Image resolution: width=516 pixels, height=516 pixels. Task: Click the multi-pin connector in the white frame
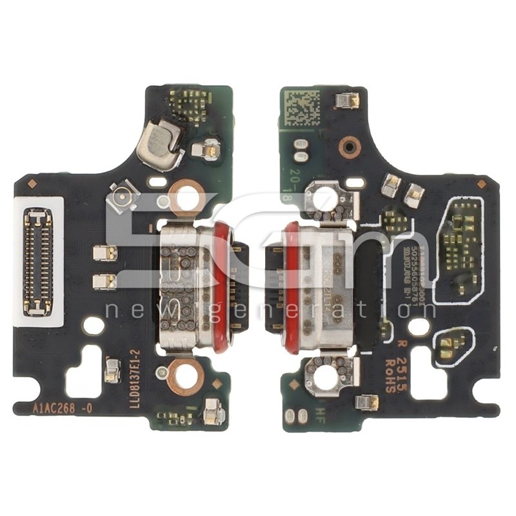pyautogui.click(x=38, y=262)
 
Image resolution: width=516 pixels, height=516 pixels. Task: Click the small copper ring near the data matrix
pyautogui.click(x=348, y=147)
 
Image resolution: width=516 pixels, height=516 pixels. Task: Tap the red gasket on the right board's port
pyautogui.click(x=292, y=288)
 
